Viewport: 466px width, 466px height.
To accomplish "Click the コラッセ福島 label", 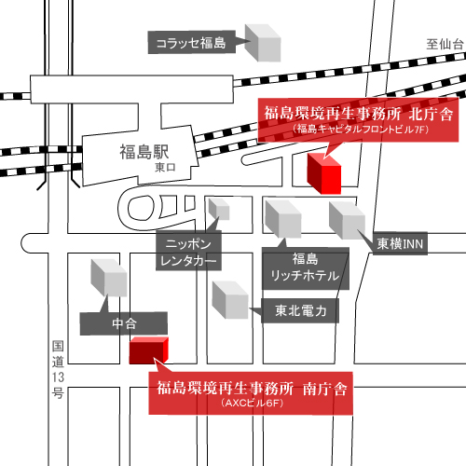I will click(191, 42).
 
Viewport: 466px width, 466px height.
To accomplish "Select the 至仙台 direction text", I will click(445, 44).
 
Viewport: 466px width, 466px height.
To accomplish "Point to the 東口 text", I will click(165, 167).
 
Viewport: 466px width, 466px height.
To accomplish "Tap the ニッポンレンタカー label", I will click(189, 249).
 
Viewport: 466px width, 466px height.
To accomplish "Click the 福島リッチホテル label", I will click(305, 267).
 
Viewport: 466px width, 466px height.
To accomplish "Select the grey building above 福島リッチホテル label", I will click(284, 219).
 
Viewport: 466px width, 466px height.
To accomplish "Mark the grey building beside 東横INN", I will click(347, 220).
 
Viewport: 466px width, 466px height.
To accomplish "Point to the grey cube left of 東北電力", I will click(230, 298).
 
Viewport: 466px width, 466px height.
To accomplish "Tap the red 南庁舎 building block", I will click(147, 350).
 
